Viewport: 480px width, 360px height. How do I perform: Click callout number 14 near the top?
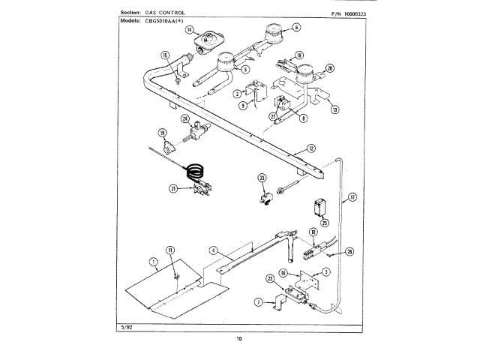190,30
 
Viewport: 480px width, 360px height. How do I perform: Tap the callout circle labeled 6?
295,27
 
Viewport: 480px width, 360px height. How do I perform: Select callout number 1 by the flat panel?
153,262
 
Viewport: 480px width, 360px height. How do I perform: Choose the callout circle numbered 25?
325,222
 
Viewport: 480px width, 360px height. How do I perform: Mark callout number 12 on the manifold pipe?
310,148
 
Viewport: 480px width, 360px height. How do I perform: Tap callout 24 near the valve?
184,118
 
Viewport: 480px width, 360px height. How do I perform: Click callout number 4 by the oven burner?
213,250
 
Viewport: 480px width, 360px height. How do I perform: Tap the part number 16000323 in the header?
346,13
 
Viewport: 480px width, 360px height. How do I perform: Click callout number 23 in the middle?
262,178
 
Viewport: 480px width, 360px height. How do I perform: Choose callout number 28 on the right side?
349,252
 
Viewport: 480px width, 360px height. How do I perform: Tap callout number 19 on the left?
161,133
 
